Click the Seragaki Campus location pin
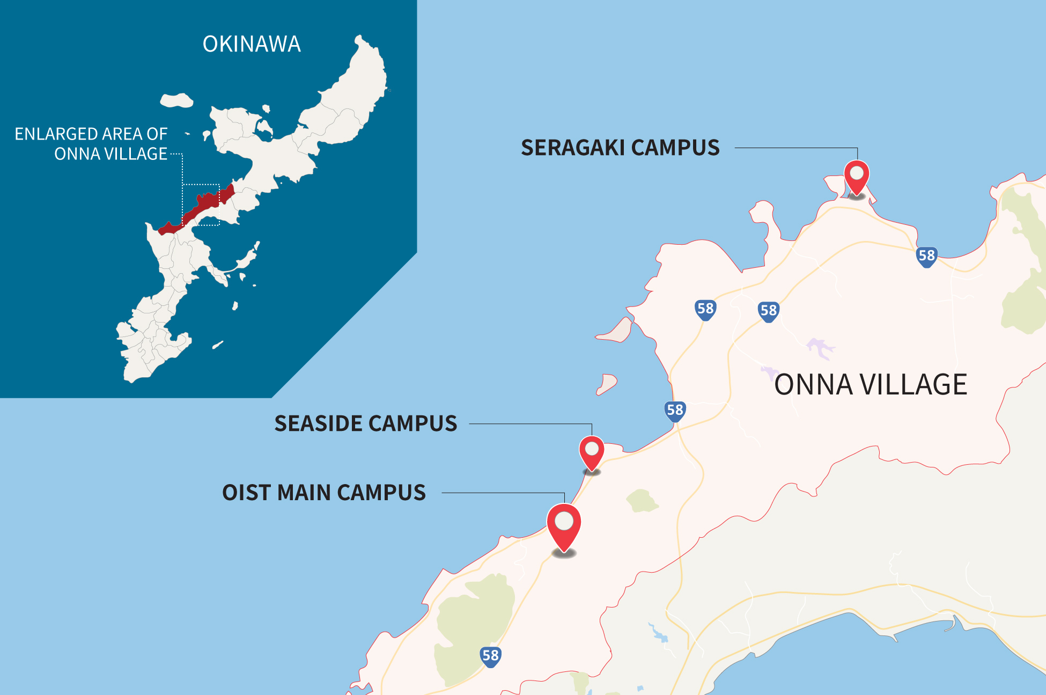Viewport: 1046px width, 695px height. tap(857, 176)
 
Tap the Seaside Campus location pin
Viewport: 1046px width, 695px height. tap(592, 451)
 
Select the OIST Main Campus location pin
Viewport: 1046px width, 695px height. tap(564, 524)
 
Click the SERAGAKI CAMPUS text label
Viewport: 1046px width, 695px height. tap(620, 148)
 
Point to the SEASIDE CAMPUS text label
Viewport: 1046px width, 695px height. tap(366, 423)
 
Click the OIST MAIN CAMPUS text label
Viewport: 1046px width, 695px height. tap(324, 493)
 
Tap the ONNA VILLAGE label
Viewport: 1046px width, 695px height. tap(870, 385)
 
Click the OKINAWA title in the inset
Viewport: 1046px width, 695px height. tap(252, 44)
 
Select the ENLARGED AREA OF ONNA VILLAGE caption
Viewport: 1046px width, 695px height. tap(91, 144)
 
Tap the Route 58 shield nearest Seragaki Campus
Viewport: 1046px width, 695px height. tap(926, 256)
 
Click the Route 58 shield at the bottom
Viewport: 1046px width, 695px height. tap(490, 655)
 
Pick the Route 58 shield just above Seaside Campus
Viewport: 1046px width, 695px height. tap(675, 411)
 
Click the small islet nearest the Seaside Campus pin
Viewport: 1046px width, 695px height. tap(607, 384)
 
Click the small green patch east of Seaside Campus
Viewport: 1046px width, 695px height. tap(641, 501)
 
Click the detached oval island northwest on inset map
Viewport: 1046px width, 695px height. tap(176, 100)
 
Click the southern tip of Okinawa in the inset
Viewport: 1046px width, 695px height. tap(131, 379)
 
